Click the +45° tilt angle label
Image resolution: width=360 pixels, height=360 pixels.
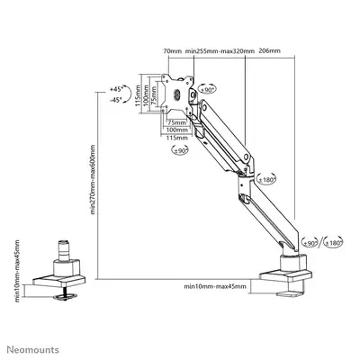(115, 90)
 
